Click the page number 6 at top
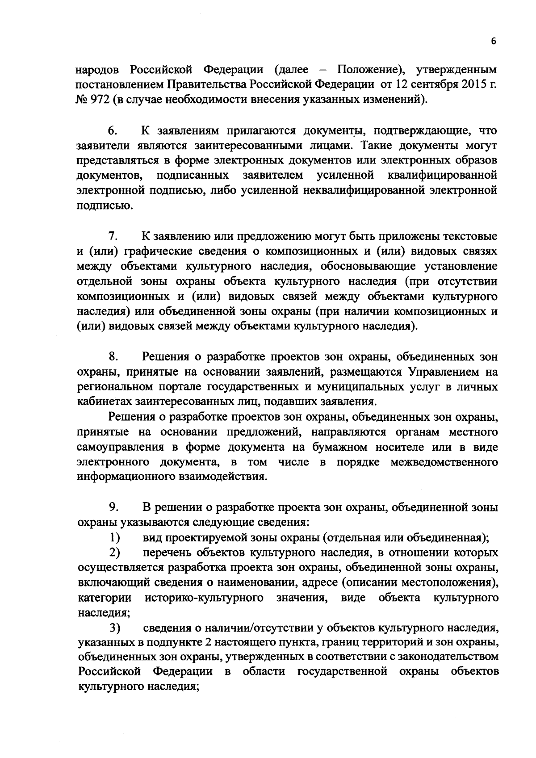[x=493, y=41]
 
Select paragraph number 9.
[x=112, y=507]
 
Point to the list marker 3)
[x=115, y=628]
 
